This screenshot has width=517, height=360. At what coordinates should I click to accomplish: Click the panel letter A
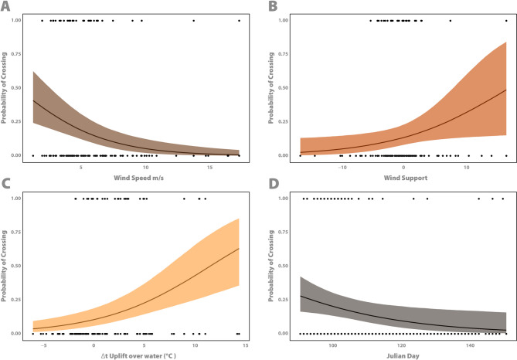coord(5,6)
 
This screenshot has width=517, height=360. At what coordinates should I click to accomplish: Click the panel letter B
coord(267,6)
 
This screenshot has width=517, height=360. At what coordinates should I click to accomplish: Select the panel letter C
coord(5,185)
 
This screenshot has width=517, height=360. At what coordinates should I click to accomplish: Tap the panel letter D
coord(267,185)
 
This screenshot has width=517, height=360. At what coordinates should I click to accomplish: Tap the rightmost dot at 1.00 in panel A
coord(240,20)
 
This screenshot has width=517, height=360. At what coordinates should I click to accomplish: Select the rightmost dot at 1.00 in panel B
coord(506,20)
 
